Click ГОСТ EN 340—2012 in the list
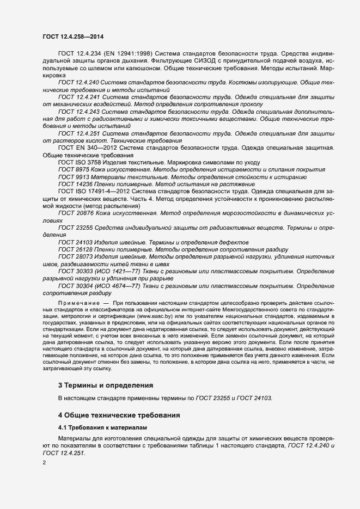pyautogui.click(x=88, y=148)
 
